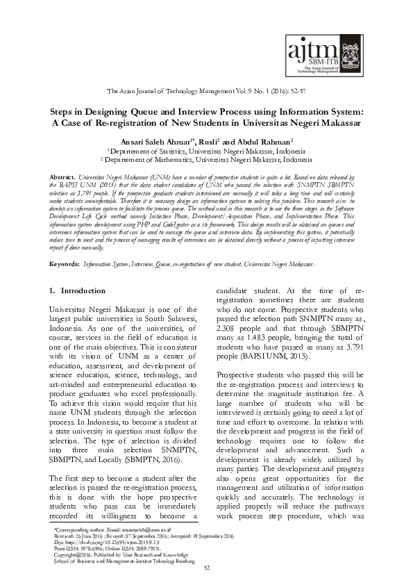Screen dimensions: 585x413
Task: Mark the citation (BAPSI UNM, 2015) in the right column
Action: click(271, 356)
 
